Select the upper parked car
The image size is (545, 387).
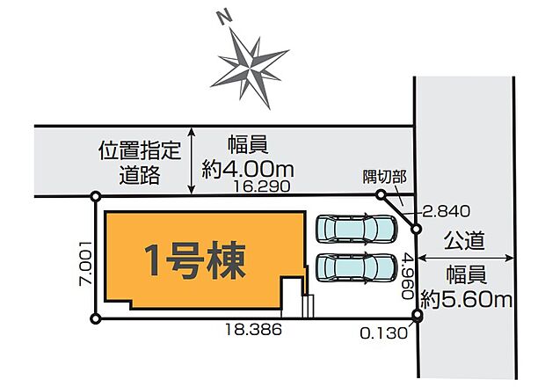[355, 229]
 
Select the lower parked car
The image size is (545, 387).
[355, 266]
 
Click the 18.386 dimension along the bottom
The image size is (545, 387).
[253, 330]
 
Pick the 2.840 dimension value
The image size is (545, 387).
[447, 210]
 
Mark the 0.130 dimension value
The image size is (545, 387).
[385, 332]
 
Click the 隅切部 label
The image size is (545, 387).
[384, 177]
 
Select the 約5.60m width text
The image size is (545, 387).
[466, 300]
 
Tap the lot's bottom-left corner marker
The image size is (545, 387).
[96, 318]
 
